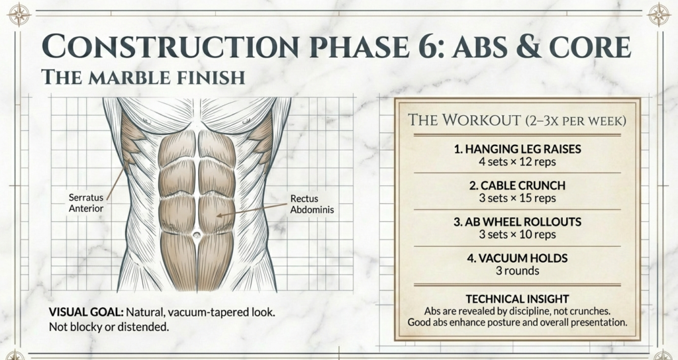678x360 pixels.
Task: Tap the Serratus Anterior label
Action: [86, 202]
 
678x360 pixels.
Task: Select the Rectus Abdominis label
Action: [312, 204]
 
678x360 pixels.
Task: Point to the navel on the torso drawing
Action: [197, 236]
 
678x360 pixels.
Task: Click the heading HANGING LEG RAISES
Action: [517, 149]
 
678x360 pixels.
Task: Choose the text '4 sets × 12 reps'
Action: [517, 161]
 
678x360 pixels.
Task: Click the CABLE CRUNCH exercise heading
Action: [517, 186]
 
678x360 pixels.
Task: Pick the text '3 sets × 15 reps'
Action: [517, 198]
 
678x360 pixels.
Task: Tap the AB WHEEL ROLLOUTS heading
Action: [517, 222]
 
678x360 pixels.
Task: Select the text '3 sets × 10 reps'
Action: [517, 234]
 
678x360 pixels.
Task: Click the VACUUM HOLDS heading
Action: [517, 258]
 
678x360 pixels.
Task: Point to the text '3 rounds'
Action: [517, 270]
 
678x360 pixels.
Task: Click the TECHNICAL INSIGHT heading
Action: [517, 299]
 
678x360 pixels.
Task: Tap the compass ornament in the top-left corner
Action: [19, 14]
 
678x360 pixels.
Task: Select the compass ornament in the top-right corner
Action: [659, 14]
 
